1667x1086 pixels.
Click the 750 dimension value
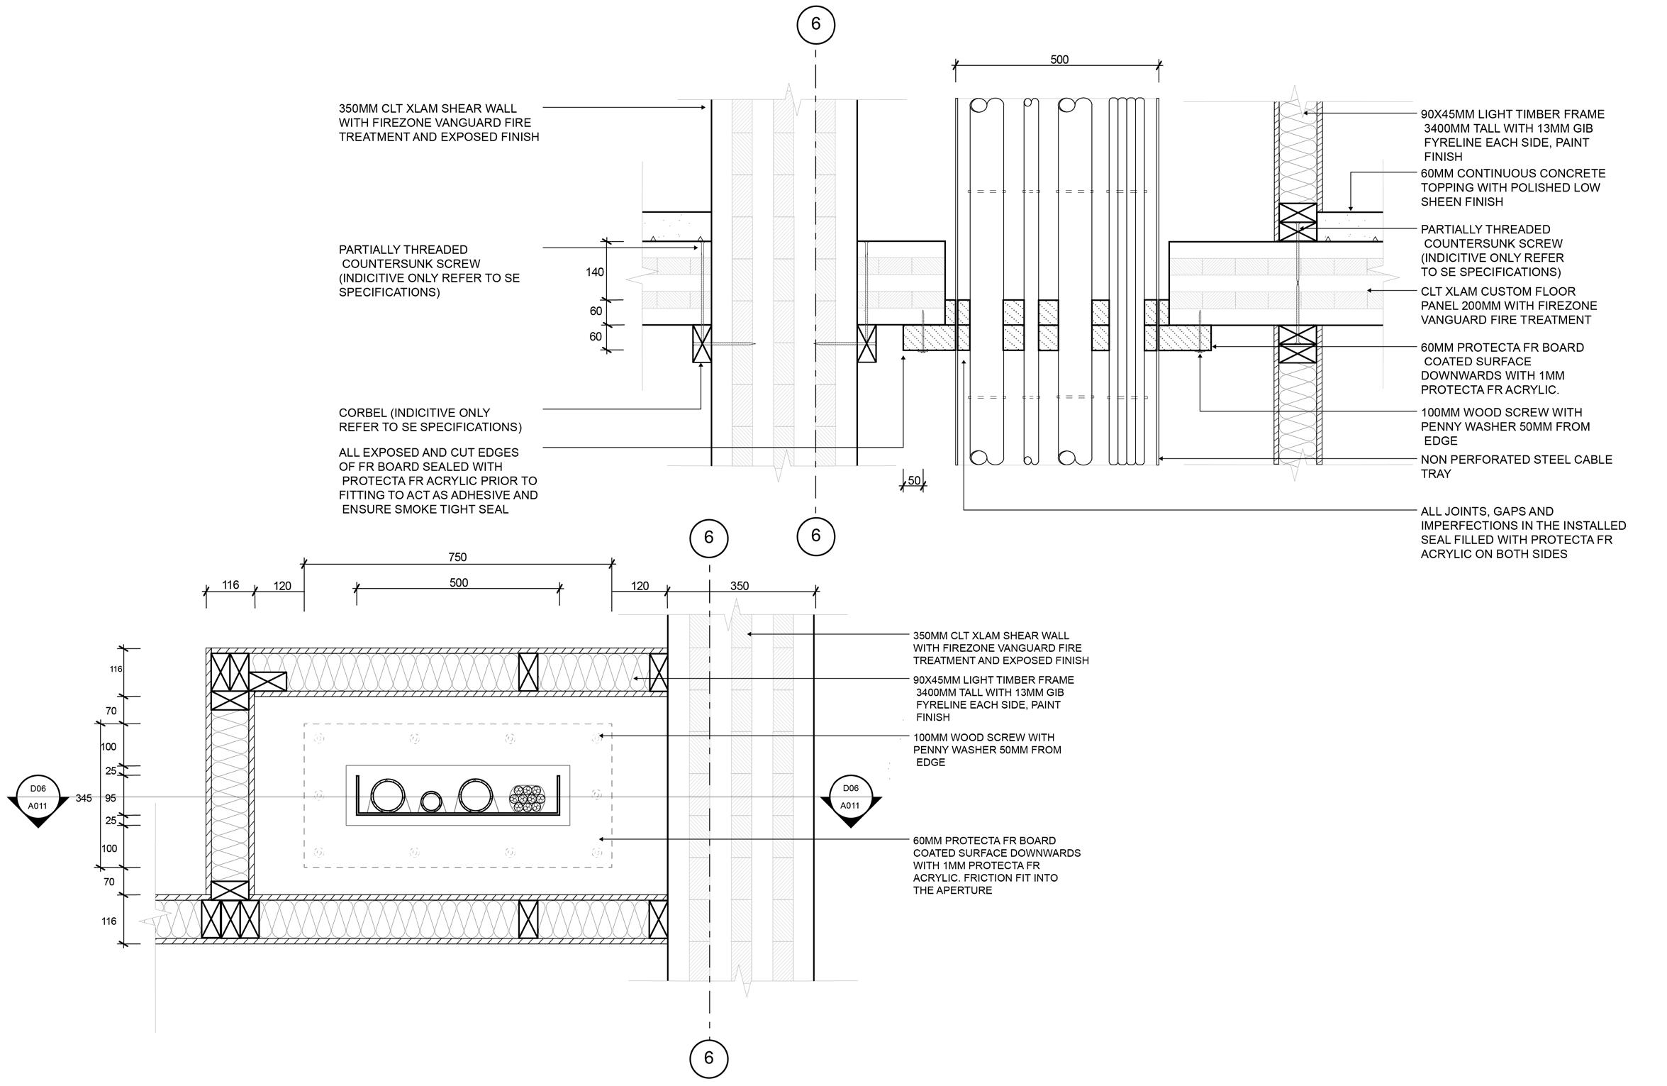[x=457, y=557]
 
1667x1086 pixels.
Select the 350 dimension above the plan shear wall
[x=740, y=586]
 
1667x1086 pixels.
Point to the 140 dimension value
[x=595, y=272]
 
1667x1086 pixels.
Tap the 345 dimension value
[x=84, y=798]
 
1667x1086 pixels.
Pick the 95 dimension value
[x=111, y=798]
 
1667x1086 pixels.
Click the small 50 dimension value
[x=914, y=481]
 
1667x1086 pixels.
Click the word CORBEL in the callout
[x=363, y=413]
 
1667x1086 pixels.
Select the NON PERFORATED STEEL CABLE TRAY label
[x=1516, y=467]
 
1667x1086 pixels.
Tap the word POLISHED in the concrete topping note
[x=1542, y=187]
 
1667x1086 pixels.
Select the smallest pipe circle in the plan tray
[x=430, y=802]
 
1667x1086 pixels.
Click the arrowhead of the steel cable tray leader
[x=1161, y=459]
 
